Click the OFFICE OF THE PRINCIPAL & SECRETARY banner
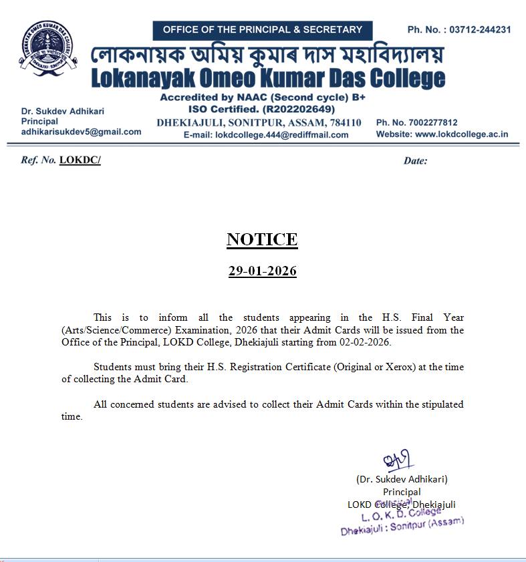pos(262,30)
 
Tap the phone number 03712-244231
pos(480,30)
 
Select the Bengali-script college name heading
pos(267,54)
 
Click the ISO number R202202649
pos(296,109)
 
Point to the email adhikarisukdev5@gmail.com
pos(81,132)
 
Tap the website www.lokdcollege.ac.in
pos(461,134)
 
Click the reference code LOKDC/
pos(80,160)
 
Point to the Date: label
pos(415,160)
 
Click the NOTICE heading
pos(262,239)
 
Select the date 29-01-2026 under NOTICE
pos(262,271)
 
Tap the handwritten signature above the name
pos(398,460)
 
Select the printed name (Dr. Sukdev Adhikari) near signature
pos(402,479)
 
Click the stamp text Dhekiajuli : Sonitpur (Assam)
pos(402,526)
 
